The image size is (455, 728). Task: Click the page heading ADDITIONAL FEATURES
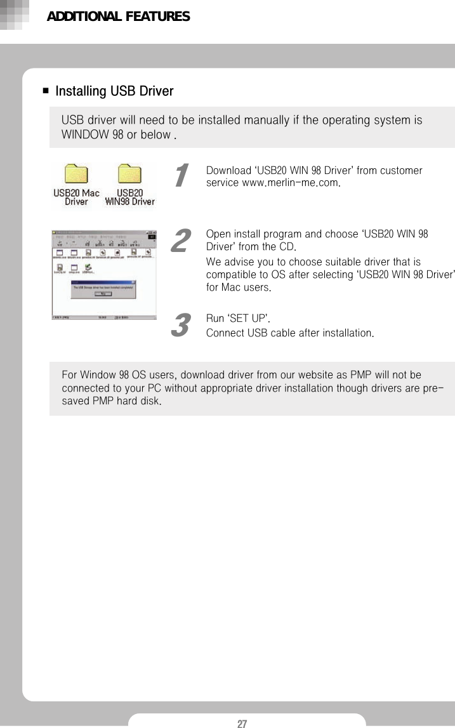pos(118,17)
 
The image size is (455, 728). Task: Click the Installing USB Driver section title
pos(114,91)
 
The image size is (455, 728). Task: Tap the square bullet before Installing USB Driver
pos(46,91)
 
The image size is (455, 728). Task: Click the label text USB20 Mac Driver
pos(76,197)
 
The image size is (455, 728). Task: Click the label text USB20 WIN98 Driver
pos(129,197)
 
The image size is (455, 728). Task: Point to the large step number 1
pos(181,175)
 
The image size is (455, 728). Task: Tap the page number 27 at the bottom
pos(242,724)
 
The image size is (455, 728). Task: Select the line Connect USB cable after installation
pos(289,333)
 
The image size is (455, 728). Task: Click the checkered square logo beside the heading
pos(15,15)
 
